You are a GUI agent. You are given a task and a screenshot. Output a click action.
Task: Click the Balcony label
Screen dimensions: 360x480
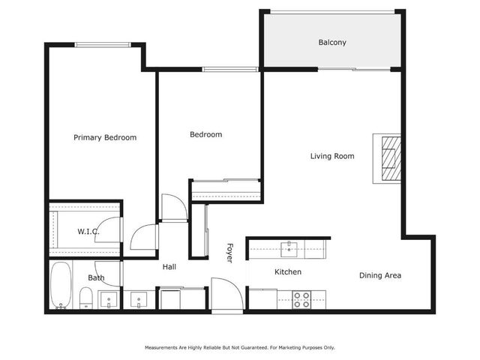(332, 43)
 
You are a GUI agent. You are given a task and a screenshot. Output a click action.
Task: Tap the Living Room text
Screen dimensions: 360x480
(332, 156)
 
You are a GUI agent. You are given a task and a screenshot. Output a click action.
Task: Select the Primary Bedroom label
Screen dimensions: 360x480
(105, 137)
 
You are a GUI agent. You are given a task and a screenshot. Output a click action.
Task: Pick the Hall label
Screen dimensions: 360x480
(169, 266)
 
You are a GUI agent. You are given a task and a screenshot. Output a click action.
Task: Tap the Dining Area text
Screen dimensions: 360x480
(379, 275)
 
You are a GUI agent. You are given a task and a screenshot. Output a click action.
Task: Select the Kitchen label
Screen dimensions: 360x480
(287, 271)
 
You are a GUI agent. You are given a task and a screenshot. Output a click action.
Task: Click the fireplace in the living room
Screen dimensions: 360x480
(389, 157)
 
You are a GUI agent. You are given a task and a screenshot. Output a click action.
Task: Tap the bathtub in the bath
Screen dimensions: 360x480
(61, 286)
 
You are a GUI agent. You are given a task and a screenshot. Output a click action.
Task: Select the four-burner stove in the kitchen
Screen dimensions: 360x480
(301, 299)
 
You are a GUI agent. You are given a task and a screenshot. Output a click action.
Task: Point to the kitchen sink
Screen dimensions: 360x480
(289, 247)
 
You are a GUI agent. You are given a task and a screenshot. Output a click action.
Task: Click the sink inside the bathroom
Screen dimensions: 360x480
(109, 301)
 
